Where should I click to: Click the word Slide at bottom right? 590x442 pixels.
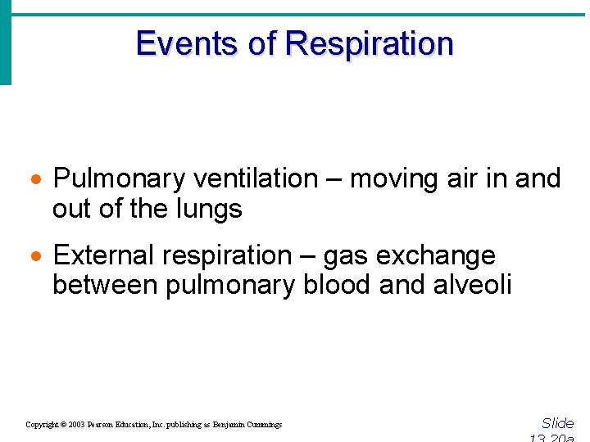point(558,423)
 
